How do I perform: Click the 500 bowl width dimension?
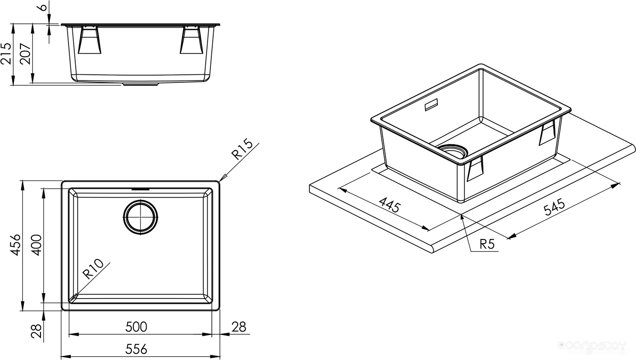pos(136,327)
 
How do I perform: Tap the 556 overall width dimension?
pos(136,350)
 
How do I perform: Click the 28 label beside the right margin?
pos(238,327)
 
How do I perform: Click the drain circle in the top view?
pos(140,217)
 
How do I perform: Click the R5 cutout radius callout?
pos(487,245)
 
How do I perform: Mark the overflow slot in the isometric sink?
pos(432,104)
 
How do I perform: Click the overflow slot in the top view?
pos(140,189)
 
